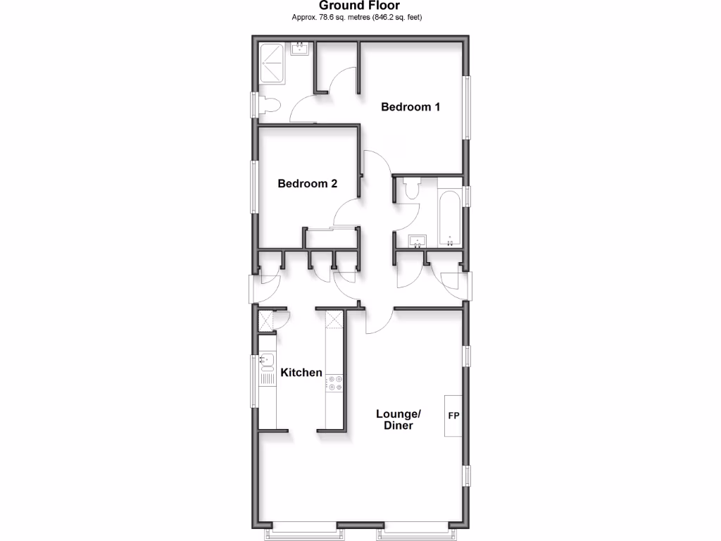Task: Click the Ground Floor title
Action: point(360,6)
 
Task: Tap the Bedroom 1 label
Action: point(410,107)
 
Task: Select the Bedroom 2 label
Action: point(307,184)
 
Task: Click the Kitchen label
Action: point(301,373)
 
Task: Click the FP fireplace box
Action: point(453,416)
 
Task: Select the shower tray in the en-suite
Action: point(272,63)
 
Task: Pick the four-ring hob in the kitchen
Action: point(334,384)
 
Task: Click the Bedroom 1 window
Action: point(466,107)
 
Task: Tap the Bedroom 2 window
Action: point(254,185)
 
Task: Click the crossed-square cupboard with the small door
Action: point(265,321)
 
